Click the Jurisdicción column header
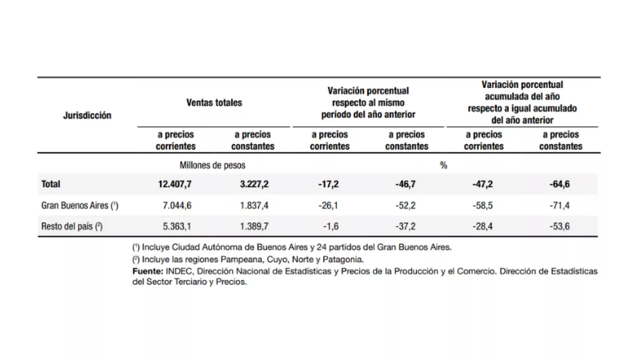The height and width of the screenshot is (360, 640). point(87,116)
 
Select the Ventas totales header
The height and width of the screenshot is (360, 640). point(214,103)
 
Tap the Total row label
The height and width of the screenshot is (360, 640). point(51,184)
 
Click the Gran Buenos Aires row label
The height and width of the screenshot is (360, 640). point(80,206)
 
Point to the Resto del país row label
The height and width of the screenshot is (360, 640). point(72,226)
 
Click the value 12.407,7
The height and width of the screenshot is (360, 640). point(175,184)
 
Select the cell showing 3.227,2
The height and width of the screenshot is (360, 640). point(254,184)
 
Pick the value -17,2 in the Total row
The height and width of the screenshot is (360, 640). point(328,184)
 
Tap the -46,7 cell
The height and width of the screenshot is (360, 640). point(406,184)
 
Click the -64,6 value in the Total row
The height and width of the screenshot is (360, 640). point(560,184)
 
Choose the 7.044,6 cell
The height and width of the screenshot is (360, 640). point(177,206)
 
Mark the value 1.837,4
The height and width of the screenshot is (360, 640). point(254,206)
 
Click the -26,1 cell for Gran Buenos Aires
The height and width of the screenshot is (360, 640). point(328,206)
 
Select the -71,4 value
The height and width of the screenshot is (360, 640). point(560,206)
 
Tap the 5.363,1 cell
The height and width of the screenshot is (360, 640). point(177,226)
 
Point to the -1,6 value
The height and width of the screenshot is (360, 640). point(331,226)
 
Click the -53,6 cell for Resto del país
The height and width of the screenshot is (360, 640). point(560,226)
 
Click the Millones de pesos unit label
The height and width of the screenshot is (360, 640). point(212,165)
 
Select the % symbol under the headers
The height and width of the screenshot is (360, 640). point(443,165)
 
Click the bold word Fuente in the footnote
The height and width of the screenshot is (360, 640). point(147,271)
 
